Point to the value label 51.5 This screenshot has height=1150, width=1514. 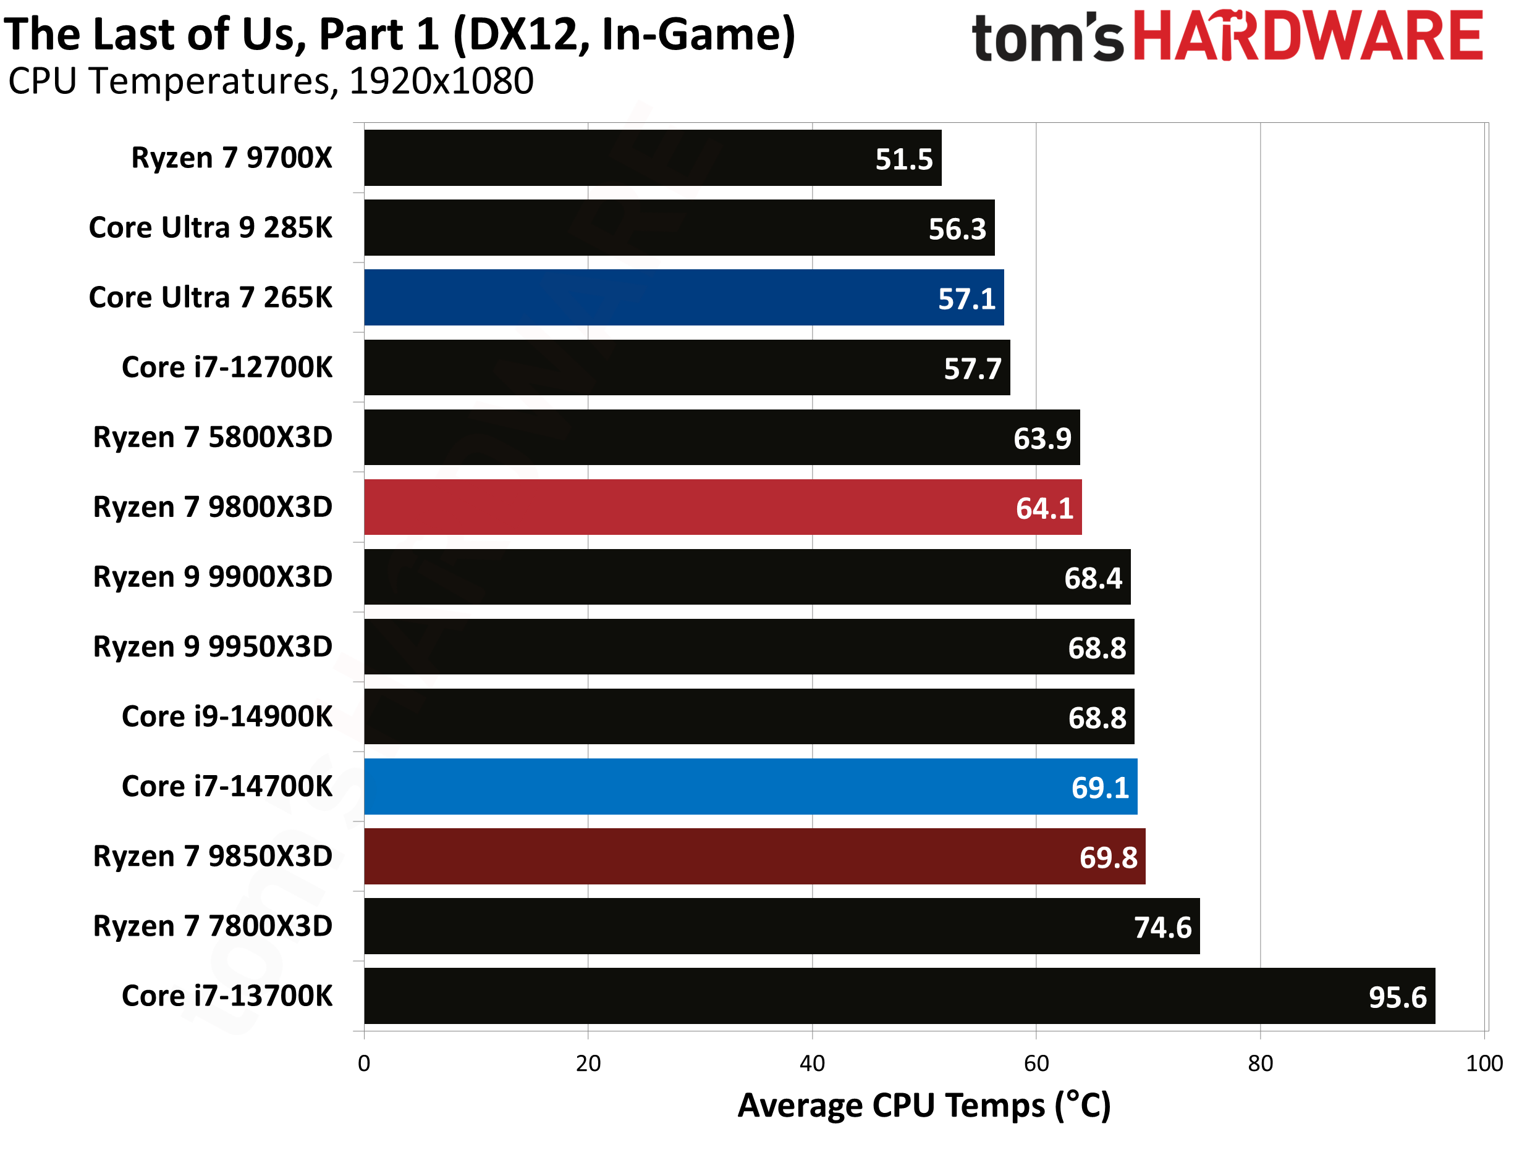(x=904, y=159)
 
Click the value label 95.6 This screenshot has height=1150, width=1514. (x=1397, y=997)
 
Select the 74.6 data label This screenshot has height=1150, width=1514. (x=1163, y=928)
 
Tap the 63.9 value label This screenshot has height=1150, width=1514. (x=1042, y=439)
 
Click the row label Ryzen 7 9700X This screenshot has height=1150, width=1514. (x=232, y=158)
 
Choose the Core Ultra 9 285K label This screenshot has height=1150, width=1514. (x=210, y=228)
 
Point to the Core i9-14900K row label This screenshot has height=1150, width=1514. (x=227, y=716)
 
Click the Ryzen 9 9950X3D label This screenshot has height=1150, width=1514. (x=213, y=647)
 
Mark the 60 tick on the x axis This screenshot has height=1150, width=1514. (x=1036, y=1063)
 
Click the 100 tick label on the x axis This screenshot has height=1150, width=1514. (x=1484, y=1063)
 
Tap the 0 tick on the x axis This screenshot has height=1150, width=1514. (x=365, y=1063)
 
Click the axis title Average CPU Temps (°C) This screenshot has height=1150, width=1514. (x=924, y=1106)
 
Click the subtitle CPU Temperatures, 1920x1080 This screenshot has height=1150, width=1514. (x=271, y=82)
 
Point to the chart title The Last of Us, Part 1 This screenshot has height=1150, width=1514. (x=399, y=34)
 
